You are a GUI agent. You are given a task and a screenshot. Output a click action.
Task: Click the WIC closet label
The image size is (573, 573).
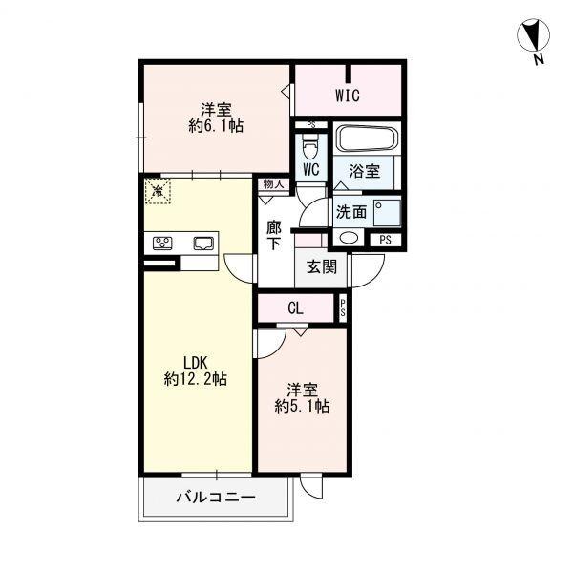click(x=348, y=95)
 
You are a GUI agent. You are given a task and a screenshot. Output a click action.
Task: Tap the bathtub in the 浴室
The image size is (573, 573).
click(x=367, y=138)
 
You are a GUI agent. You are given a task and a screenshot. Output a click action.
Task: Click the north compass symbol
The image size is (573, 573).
click(x=533, y=36)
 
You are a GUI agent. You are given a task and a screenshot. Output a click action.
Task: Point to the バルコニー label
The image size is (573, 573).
click(x=216, y=497)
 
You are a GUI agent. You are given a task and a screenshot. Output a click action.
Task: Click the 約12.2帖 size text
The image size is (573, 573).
click(x=196, y=379)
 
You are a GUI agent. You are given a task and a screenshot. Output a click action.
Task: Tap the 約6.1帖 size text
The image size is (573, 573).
click(x=216, y=126)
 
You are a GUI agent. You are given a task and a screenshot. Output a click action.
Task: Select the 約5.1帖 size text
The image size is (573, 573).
click(x=302, y=406)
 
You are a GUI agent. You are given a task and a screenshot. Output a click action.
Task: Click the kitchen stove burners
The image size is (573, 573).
click(x=162, y=243)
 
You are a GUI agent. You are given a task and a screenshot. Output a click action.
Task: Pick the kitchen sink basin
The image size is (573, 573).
click(x=203, y=244)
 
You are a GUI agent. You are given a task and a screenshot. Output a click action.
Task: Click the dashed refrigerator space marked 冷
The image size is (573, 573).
click(x=158, y=190)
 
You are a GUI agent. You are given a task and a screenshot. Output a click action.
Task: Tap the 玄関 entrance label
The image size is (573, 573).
click(x=321, y=267)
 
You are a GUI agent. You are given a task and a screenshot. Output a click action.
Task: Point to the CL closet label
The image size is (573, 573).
click(x=296, y=308)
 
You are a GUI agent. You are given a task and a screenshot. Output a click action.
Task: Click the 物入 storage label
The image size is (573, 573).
click(x=274, y=184)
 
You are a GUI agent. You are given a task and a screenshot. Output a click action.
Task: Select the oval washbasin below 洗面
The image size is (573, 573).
click(x=349, y=238)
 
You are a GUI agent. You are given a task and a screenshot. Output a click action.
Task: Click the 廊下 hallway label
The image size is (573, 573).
click(x=274, y=236)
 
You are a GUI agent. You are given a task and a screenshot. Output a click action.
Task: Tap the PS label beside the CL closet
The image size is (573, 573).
click(x=343, y=308)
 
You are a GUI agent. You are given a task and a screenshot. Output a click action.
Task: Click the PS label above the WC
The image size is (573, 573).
click(x=311, y=125)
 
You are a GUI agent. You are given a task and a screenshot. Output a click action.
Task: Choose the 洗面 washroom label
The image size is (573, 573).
click(x=351, y=212)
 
